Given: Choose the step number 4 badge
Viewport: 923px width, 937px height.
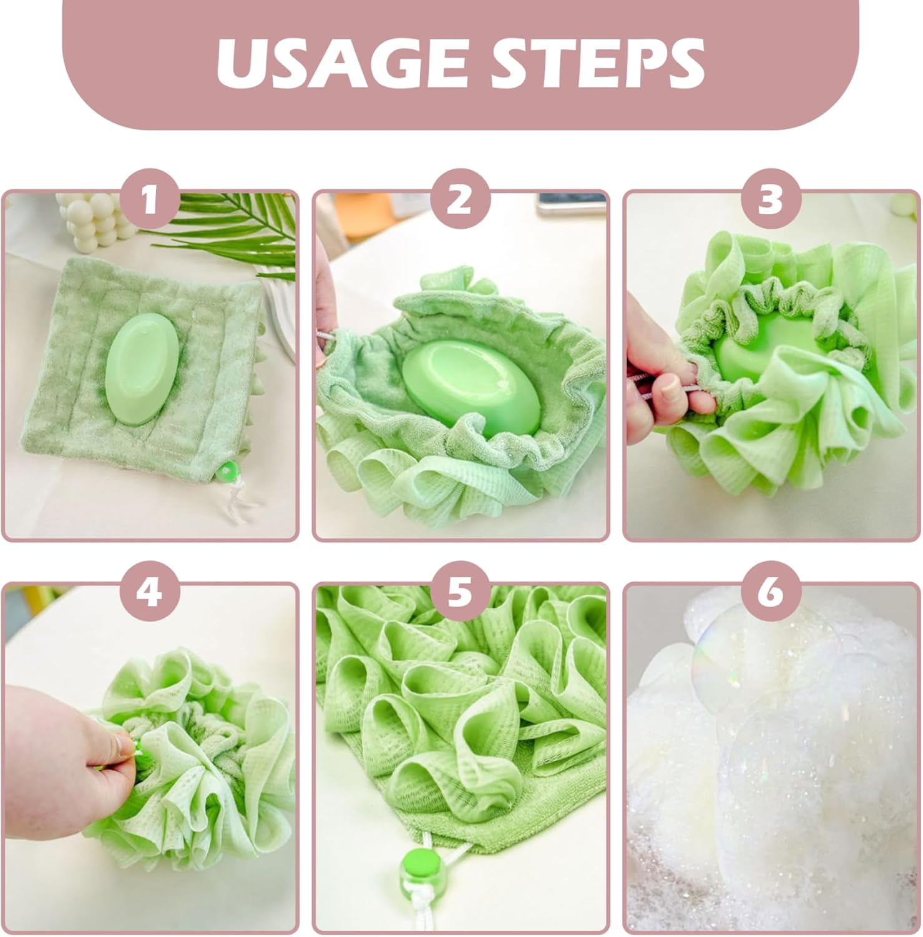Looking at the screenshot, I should click(x=149, y=592).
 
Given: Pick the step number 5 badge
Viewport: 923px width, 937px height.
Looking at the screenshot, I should click(x=460, y=592).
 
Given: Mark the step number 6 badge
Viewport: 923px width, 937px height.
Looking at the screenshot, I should click(x=771, y=592).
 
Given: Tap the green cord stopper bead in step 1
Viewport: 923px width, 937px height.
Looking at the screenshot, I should click(x=229, y=470).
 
